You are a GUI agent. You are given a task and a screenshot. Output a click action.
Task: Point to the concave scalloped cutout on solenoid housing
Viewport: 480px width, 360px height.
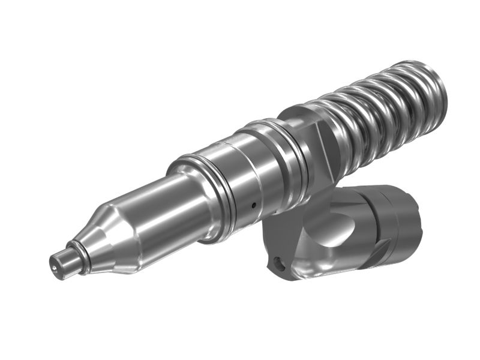click(x=327, y=231)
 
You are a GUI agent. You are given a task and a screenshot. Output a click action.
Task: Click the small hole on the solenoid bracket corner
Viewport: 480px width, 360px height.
click(x=277, y=262)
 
